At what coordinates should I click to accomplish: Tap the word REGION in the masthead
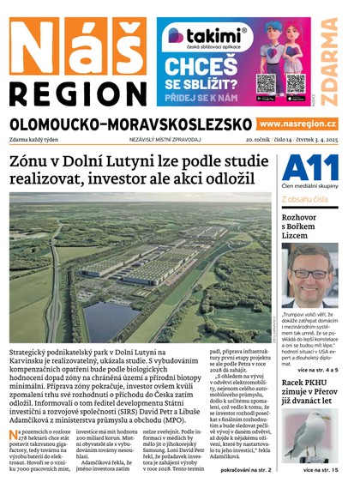(x=76, y=93)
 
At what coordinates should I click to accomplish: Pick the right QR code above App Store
(x=295, y=82)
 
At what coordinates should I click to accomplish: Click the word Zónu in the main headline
(x=32, y=162)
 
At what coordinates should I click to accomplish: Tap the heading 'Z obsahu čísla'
(x=306, y=199)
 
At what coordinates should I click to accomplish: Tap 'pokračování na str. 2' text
(x=245, y=470)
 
